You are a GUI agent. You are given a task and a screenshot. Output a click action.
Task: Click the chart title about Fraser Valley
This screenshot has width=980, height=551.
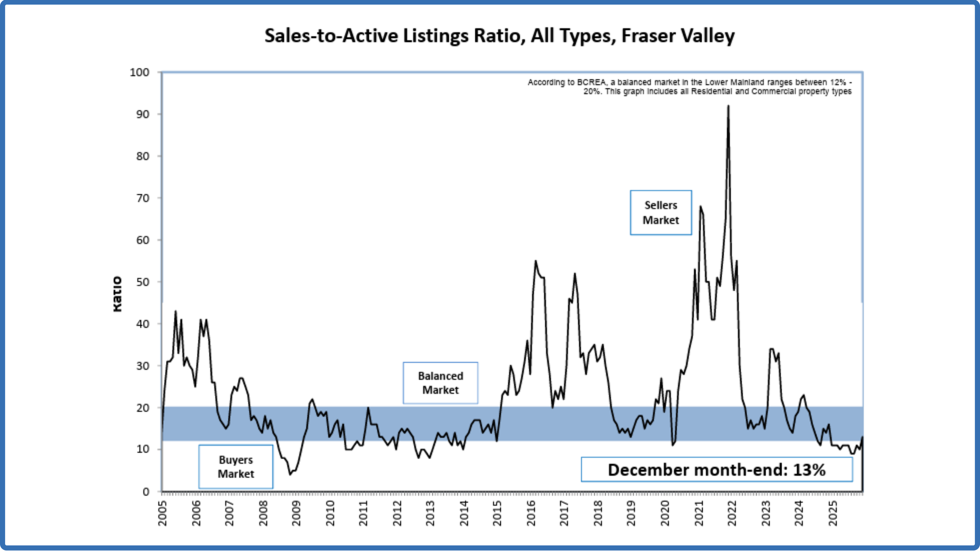tap(499, 36)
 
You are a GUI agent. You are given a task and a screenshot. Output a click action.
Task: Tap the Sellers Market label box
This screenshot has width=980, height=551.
tap(660, 213)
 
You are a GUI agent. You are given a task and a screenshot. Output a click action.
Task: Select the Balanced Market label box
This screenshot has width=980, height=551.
tap(440, 383)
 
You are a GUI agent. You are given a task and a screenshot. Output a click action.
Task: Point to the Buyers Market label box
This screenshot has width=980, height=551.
tap(236, 467)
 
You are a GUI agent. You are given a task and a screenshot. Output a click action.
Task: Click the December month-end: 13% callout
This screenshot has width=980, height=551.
tap(716, 470)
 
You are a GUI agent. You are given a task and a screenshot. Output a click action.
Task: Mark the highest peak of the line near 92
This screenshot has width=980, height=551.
tap(728, 106)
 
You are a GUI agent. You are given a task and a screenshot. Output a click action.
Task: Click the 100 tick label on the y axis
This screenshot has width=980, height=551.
tap(139, 72)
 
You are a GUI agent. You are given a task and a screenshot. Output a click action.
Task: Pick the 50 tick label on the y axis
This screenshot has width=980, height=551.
tap(142, 282)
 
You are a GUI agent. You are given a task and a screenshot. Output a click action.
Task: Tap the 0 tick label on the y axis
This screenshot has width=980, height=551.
tap(146, 492)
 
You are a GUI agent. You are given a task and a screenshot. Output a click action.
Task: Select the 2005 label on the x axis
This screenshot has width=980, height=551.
tap(163, 513)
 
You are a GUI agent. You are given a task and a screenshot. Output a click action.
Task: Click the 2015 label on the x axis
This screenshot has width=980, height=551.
tap(498, 513)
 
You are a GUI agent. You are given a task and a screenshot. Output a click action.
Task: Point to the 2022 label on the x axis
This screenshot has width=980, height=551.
tap(732, 513)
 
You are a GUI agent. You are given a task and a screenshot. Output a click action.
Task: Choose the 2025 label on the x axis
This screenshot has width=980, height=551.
tap(833, 513)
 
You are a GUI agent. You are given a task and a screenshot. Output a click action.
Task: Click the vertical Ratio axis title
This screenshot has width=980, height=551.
tap(117, 294)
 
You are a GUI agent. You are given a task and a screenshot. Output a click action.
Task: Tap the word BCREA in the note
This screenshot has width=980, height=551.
tap(592, 82)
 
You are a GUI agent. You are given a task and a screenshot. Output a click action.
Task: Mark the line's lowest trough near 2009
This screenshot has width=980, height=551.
tap(290, 474)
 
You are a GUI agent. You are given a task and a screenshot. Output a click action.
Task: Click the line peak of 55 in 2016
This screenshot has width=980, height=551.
tap(535, 261)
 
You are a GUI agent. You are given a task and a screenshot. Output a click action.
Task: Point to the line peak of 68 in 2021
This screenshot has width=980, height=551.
tap(700, 207)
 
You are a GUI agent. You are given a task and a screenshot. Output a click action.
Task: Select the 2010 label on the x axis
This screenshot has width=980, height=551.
tap(330, 513)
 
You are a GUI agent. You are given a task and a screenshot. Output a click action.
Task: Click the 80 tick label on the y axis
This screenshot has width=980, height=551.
tap(142, 156)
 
